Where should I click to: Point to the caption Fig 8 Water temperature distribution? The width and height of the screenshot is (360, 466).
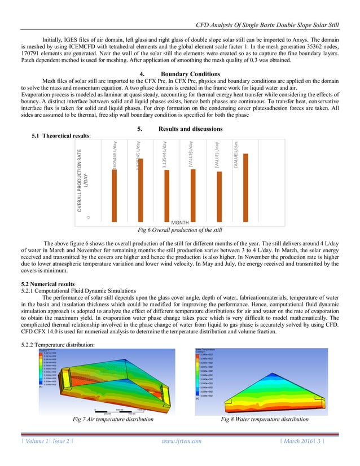pos(265,419)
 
